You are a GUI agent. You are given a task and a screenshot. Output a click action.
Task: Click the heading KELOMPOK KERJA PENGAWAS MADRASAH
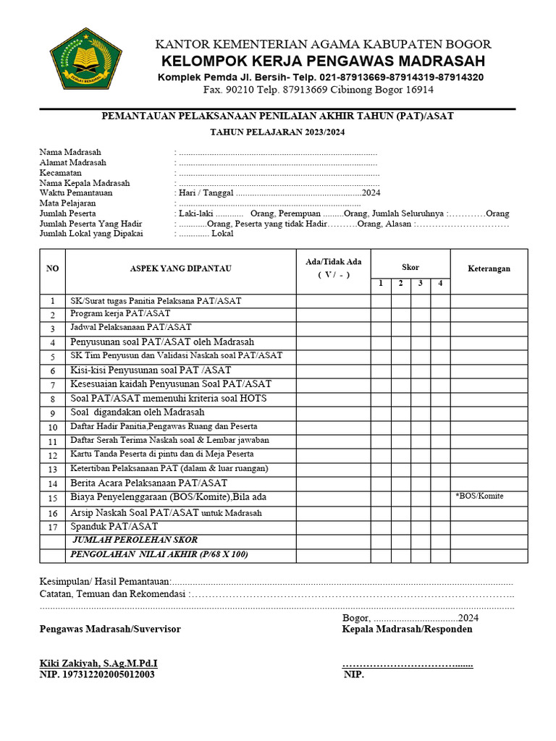323,61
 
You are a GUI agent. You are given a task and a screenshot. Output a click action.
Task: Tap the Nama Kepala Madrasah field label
85,183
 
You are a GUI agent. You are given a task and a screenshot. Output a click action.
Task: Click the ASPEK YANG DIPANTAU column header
180,268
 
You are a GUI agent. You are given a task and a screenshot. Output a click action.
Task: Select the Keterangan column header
489,268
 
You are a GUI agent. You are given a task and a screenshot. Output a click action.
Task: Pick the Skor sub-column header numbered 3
420,283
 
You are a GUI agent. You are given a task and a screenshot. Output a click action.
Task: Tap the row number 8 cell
52,399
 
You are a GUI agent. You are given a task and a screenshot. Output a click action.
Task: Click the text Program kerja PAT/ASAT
120,314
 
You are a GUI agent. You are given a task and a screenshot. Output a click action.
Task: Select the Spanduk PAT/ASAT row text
114,527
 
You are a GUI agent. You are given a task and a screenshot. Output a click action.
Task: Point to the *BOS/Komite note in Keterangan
479,496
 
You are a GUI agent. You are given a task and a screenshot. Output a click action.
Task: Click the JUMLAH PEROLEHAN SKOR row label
135,541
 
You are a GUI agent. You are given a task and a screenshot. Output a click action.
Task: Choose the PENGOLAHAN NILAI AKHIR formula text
159,554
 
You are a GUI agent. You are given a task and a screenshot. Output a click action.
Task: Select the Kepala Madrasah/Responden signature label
407,629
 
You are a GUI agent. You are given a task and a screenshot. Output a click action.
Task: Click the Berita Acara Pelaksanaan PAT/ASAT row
148,483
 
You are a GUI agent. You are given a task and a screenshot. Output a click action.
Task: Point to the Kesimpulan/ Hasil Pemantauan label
105,582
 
